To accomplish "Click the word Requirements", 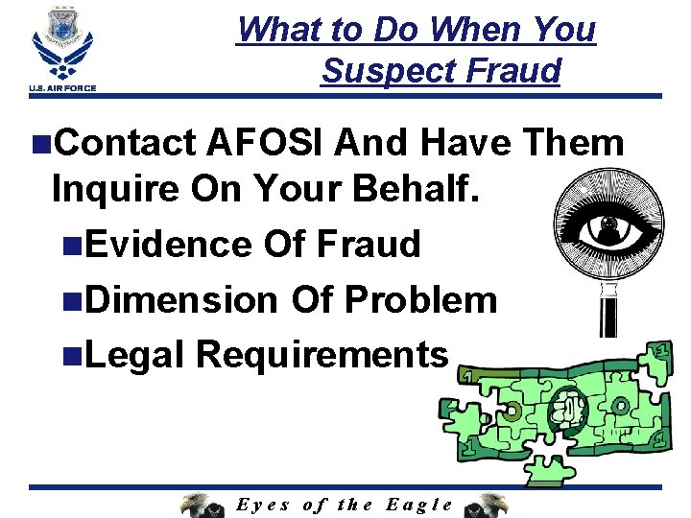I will pyautogui.click(x=322, y=355).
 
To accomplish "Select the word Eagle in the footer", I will pyautogui.click(x=418, y=505).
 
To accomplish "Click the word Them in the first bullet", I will pyautogui.click(x=574, y=144).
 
